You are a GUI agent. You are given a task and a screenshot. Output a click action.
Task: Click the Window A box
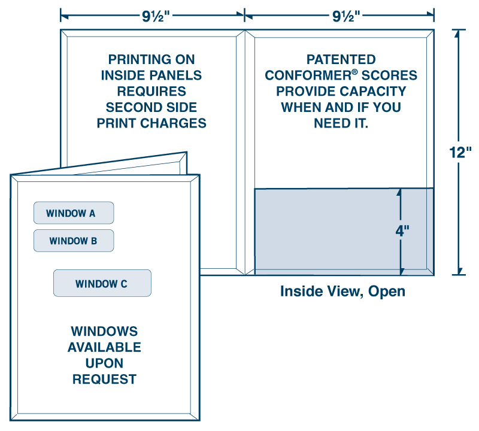pos(73,213)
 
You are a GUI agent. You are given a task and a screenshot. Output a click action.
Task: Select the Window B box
pos(73,241)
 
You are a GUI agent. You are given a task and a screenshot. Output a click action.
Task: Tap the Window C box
pos(102,284)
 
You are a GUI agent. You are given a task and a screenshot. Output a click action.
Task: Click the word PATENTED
pos(341,60)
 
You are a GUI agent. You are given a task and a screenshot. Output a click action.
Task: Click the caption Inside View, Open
pos(342,292)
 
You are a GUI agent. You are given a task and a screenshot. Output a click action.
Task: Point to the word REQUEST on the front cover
pos(104,379)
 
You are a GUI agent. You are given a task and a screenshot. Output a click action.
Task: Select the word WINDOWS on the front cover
pos(104,331)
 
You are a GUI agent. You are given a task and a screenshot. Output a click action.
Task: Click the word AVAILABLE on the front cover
pos(104,347)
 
